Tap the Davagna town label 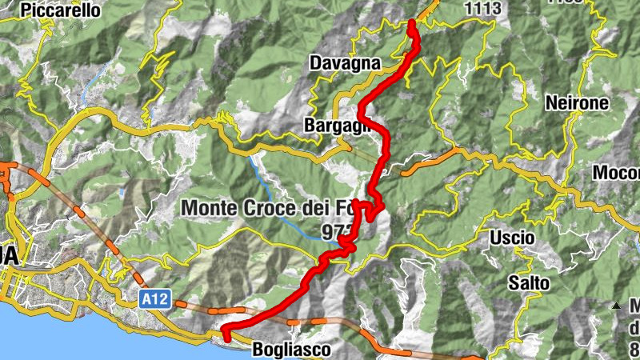(344, 62)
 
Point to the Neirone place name (576, 102)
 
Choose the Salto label (529, 282)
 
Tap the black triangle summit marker (615, 306)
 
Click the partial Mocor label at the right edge (616, 173)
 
